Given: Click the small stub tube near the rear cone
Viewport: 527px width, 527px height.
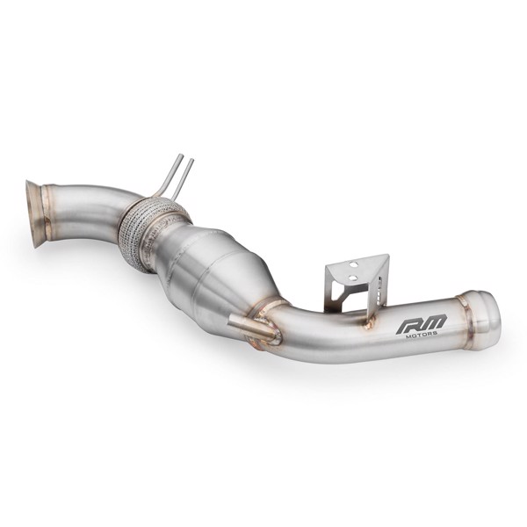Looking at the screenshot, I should (x=246, y=327).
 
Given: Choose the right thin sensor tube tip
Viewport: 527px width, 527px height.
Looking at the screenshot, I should (x=191, y=162).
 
